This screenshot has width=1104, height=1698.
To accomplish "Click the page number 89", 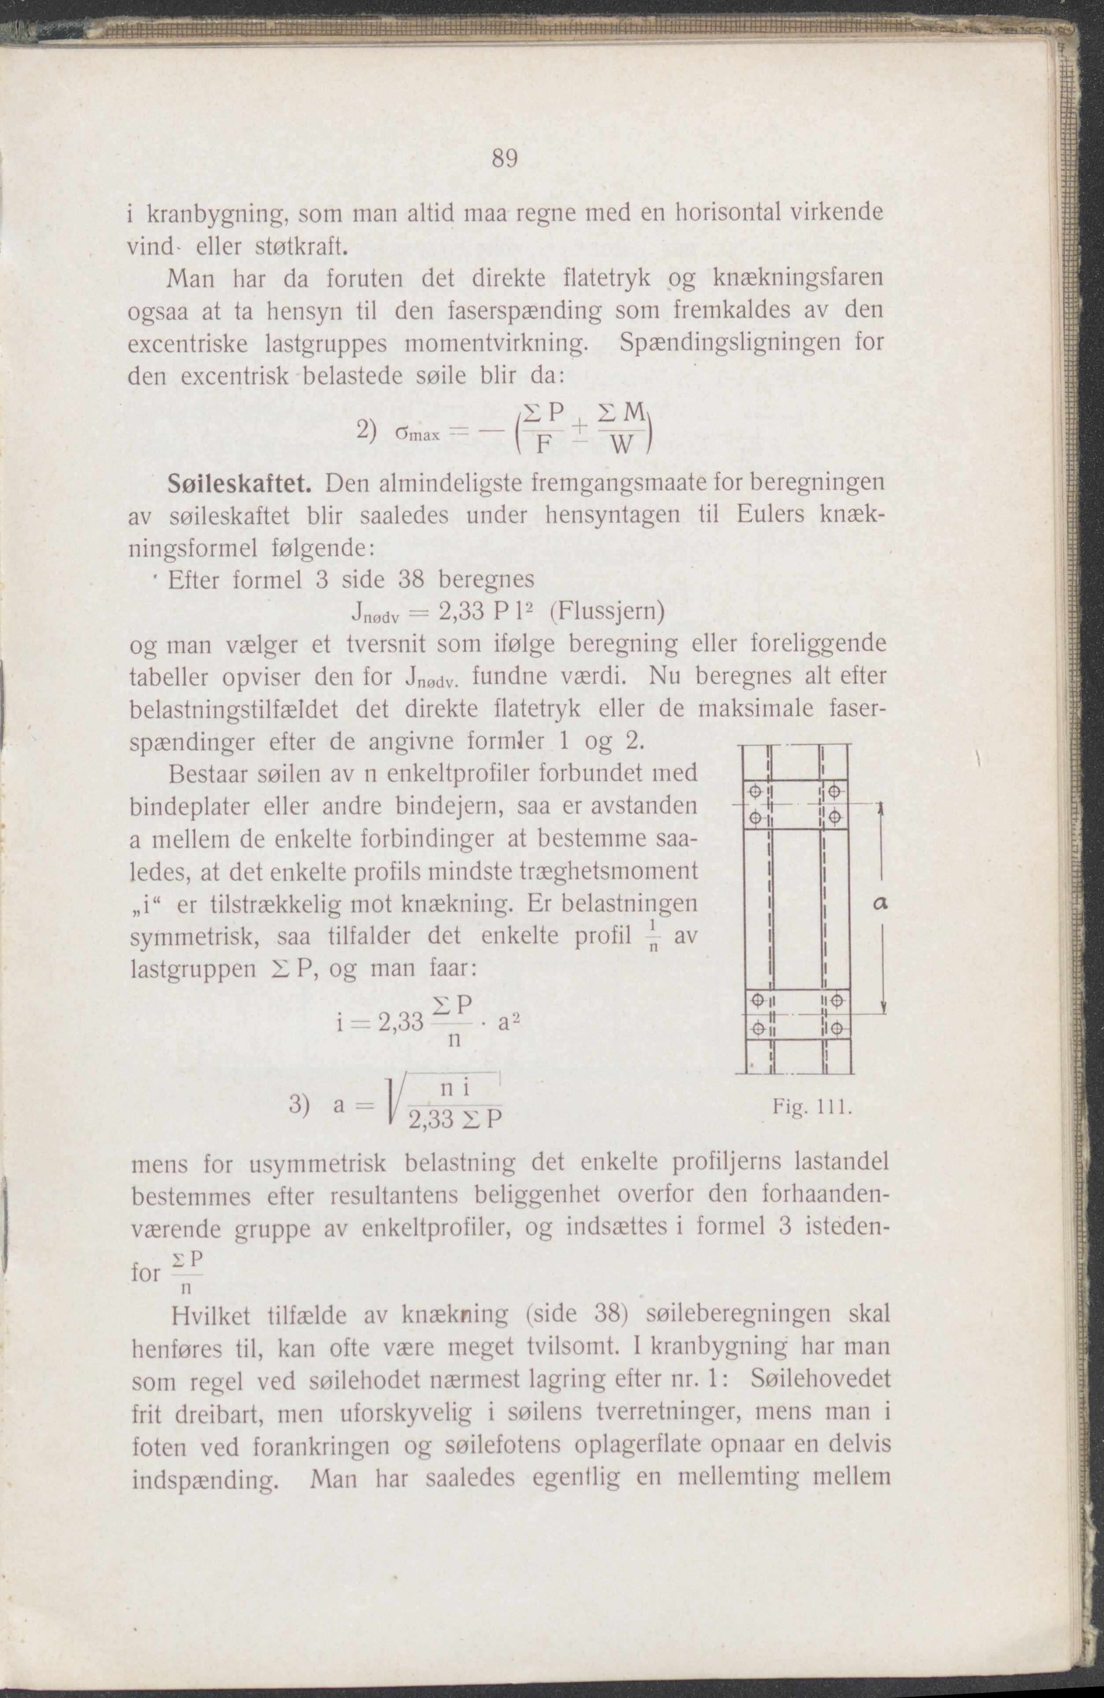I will (504, 158).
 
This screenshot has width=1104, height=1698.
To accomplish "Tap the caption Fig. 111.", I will (812, 1108).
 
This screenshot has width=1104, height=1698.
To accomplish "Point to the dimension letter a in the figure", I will (880, 903).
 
